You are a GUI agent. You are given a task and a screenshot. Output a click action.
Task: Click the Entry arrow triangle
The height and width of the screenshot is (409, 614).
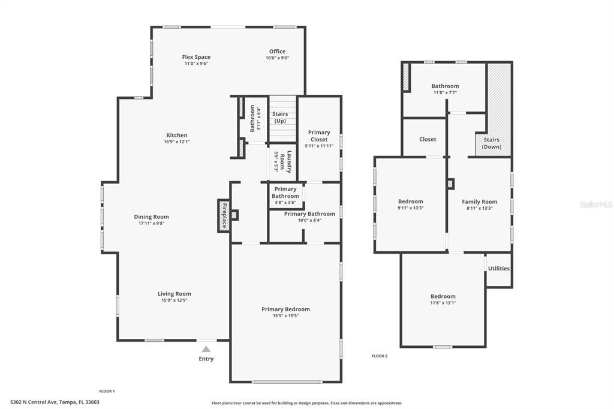tap(206, 349)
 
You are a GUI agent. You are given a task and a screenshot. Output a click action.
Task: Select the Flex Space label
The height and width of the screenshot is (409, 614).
tap(196, 58)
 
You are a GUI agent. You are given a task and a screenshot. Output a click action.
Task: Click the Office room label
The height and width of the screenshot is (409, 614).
tap(277, 52)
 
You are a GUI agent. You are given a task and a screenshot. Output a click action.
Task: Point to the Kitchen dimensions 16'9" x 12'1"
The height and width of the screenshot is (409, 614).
tap(177, 142)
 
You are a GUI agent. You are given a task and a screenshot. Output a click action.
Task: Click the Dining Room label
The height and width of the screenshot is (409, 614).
tap(151, 217)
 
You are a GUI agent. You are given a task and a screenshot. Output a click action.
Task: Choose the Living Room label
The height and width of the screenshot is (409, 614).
tap(174, 294)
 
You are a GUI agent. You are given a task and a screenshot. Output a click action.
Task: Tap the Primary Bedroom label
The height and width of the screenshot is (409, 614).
tap(285, 309)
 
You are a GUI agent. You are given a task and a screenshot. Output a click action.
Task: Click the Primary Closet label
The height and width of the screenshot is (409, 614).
tap(319, 136)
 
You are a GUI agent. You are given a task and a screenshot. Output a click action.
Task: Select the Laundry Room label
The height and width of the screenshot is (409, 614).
tap(289, 161)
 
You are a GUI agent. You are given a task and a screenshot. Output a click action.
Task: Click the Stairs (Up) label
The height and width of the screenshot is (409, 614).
tap(280, 117)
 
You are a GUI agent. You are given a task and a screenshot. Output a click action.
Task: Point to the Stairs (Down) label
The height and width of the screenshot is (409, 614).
tap(491, 143)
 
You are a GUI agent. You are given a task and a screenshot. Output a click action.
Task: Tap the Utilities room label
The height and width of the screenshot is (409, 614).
tap(498, 268)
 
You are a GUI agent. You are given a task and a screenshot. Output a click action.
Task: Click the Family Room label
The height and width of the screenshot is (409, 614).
tap(479, 202)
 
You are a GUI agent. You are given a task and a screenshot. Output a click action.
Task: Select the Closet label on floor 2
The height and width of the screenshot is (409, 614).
tap(428, 139)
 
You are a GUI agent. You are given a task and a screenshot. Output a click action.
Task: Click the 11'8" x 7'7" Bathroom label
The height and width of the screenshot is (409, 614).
tap(445, 86)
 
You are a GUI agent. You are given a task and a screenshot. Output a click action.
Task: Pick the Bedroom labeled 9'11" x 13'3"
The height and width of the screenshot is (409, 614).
tap(411, 202)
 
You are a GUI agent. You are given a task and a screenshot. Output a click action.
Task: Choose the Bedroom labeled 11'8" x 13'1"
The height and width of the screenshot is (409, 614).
tap(443, 296)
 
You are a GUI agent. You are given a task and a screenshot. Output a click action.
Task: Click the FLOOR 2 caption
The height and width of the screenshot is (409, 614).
tap(380, 356)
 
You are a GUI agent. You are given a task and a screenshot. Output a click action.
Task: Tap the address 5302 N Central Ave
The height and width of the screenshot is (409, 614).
tap(55, 402)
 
